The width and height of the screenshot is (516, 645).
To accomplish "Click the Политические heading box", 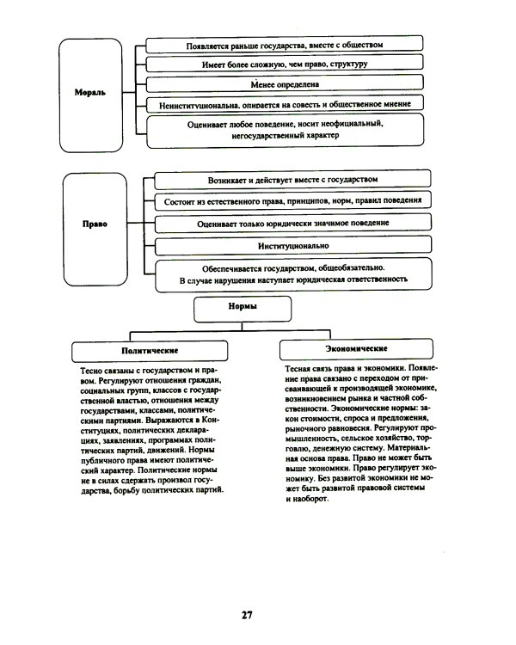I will tap(150, 351).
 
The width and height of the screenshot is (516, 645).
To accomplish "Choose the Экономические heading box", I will tap(356, 349).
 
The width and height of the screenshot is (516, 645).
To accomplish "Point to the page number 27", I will tap(247, 614).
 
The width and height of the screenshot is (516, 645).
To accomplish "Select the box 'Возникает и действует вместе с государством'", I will tap(292, 180).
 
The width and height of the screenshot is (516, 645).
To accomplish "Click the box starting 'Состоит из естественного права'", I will tap(292, 201).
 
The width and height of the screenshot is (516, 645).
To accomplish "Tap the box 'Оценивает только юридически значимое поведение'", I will tap(292, 223).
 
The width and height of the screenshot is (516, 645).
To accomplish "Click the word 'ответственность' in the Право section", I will tap(372, 279).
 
